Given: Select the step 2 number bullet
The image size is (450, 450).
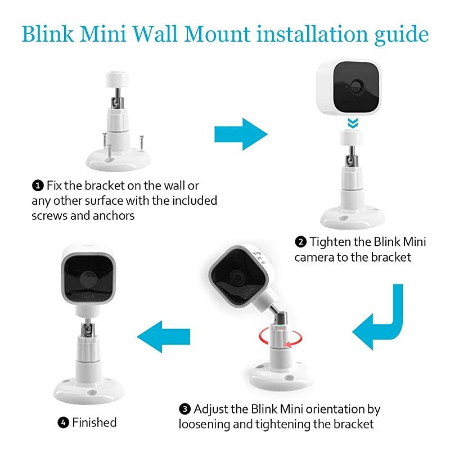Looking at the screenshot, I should pyautogui.click(x=301, y=242).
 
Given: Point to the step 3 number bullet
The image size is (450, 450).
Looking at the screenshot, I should pyautogui.click(x=184, y=409).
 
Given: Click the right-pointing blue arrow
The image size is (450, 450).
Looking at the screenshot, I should pyautogui.click(x=241, y=134).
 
